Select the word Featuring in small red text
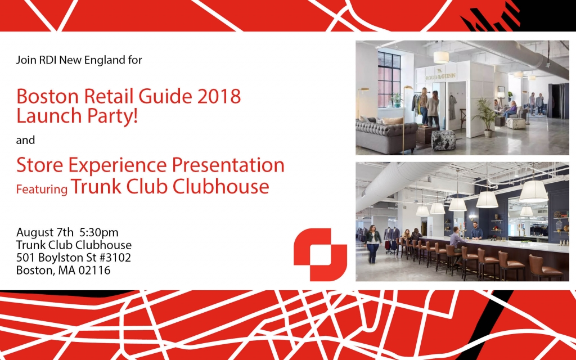(42, 189)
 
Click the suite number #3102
(115, 258)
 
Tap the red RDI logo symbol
(320, 255)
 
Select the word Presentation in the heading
(228, 165)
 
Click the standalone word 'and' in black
(25, 140)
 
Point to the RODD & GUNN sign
(440, 76)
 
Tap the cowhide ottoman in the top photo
(443, 140)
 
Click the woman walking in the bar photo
(372, 244)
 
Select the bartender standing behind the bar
(476, 230)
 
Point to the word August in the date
(35, 233)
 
